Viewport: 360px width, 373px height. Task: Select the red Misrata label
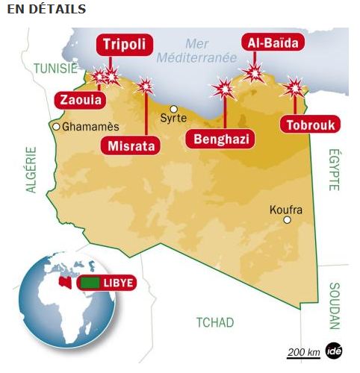[x=131, y=145]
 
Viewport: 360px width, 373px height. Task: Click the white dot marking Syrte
[x=173, y=108]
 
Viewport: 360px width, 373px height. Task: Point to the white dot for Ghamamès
[x=56, y=126]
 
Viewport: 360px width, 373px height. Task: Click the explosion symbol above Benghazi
[x=223, y=90]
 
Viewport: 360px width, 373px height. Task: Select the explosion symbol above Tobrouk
[x=295, y=88]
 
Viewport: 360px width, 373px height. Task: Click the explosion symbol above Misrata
[x=145, y=85]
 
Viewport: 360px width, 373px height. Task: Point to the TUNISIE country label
[x=55, y=69]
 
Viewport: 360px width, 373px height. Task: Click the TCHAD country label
[x=215, y=322]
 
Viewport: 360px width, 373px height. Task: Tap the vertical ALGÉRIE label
[x=31, y=170]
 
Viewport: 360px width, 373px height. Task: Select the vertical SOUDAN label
[x=334, y=306]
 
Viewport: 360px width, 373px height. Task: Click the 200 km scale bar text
[x=303, y=352]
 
